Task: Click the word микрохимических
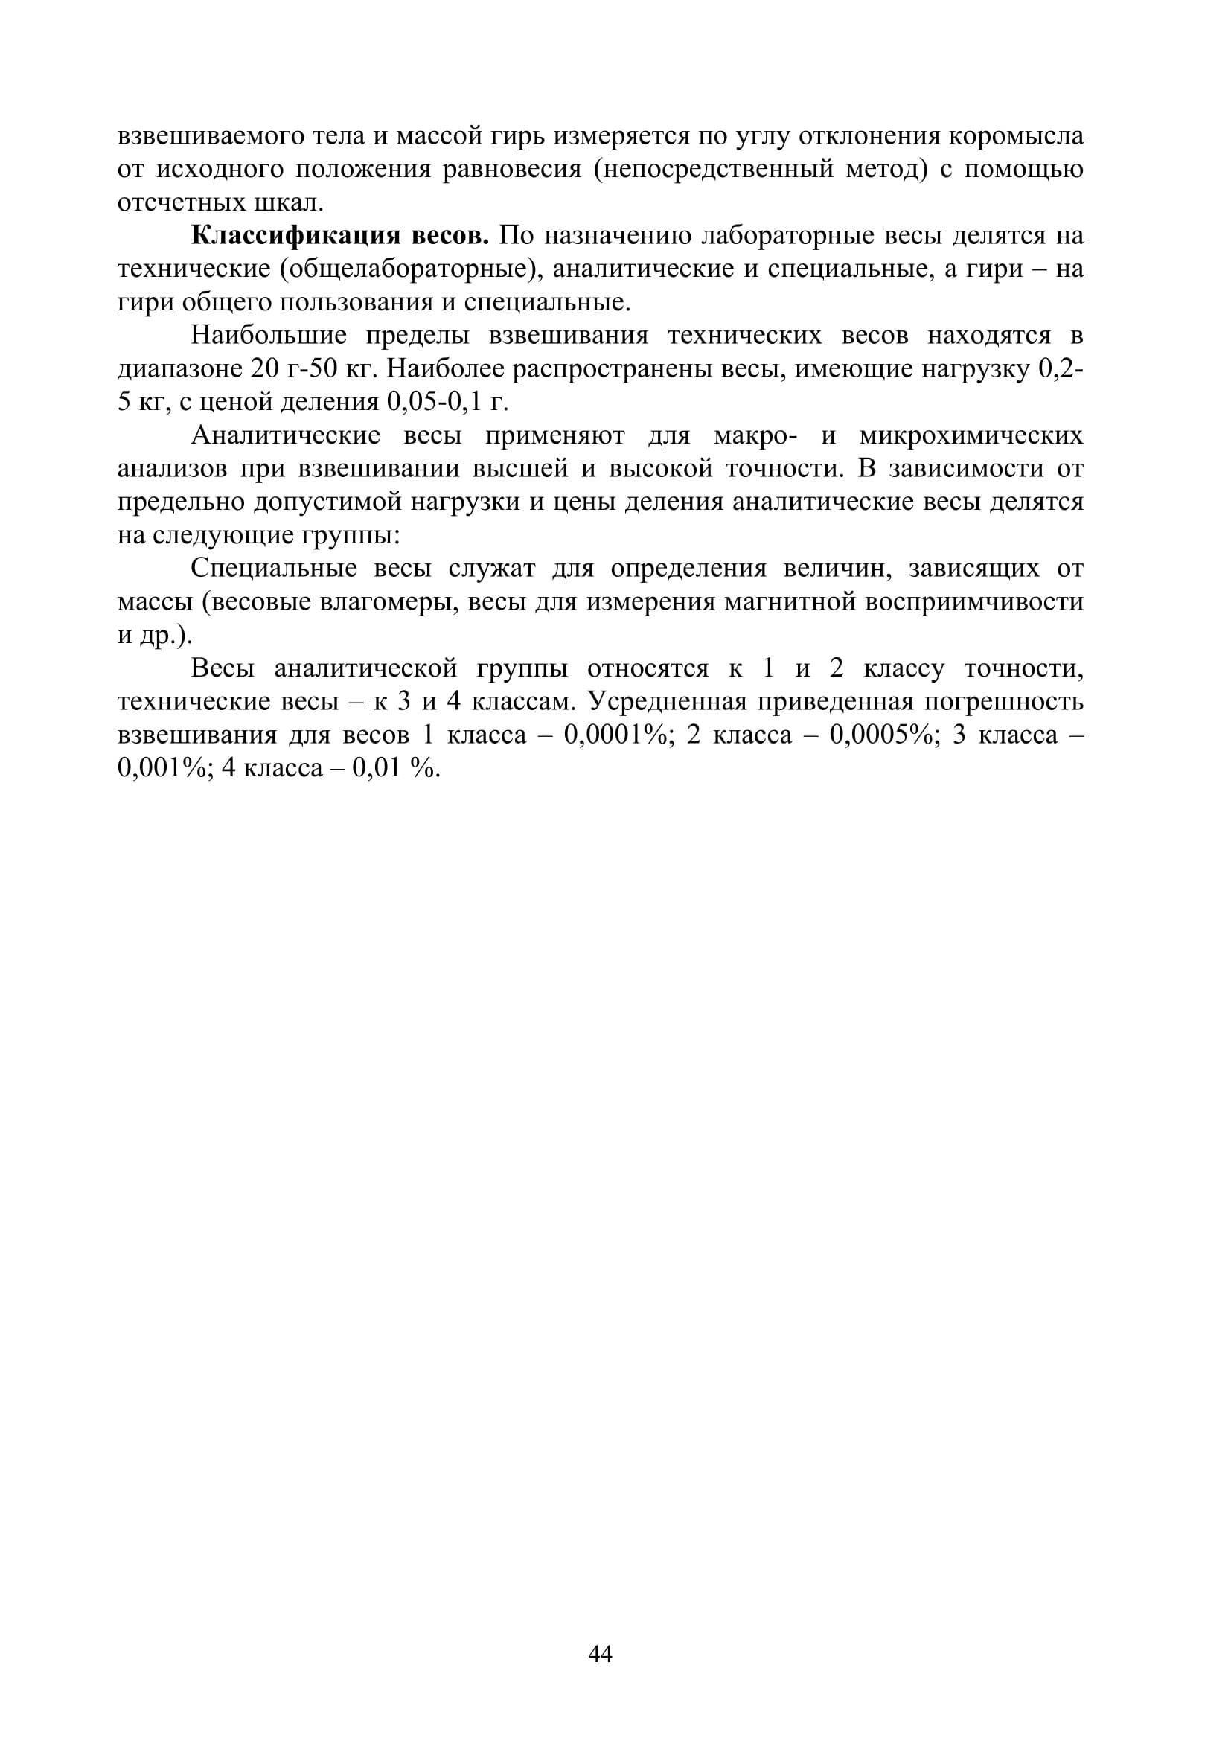pos(971,436)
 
